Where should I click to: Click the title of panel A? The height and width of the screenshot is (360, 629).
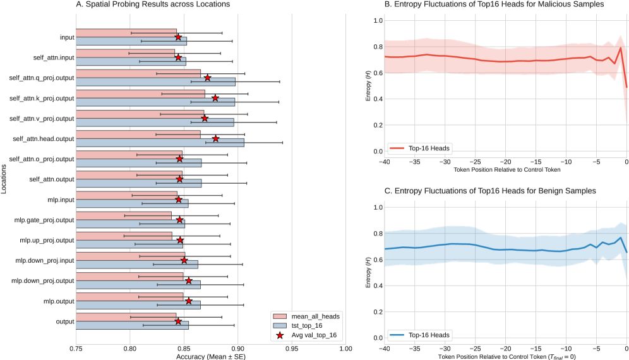tap(153, 5)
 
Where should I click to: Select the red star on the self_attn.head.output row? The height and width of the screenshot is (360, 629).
tap(216, 138)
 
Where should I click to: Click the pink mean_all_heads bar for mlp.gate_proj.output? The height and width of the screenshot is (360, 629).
tap(124, 215)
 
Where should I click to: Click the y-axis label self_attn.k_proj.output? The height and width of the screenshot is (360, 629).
tap(42, 98)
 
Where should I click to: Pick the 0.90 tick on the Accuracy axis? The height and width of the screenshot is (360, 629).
tap(237, 347)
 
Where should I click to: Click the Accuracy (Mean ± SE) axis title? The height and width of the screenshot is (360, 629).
tap(211, 356)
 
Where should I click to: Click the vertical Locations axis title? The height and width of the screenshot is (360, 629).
tap(5, 179)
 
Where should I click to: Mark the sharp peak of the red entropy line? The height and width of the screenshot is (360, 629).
tap(621, 48)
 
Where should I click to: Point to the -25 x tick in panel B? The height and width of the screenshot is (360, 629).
tap(476, 162)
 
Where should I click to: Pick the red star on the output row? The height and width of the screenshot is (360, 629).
tap(178, 321)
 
